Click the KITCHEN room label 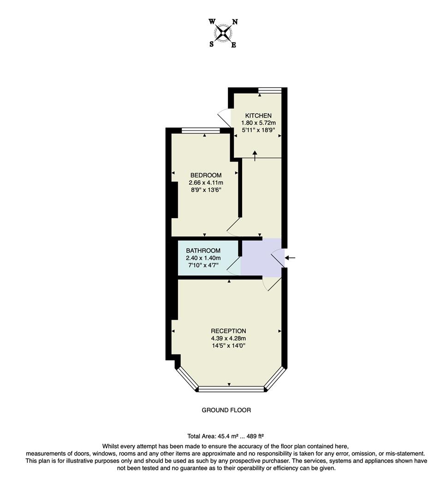258,115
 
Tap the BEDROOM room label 206,175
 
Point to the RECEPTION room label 228,331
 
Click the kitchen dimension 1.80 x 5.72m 258,123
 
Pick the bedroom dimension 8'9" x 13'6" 206,190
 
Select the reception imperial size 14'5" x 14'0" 228,346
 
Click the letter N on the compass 234,22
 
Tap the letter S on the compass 212,44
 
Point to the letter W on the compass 212,22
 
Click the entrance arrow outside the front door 290,258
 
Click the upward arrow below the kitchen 255,155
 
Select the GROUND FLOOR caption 226,410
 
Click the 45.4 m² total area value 222,436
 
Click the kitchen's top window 269,90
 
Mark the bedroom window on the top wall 201,130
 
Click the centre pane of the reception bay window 231,389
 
